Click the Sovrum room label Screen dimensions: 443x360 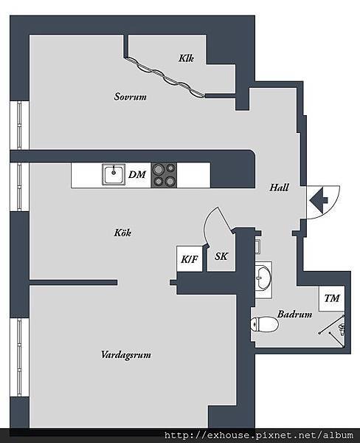131,97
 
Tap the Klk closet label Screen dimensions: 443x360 186,58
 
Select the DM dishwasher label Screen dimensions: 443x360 137,175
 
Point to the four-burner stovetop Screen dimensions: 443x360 165,175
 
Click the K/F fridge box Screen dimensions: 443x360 190,258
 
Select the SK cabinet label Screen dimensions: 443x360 221,257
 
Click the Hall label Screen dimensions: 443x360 279,188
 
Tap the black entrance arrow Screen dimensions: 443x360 319,199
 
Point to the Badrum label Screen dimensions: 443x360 294,315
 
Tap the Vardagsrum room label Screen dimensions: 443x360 126,355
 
